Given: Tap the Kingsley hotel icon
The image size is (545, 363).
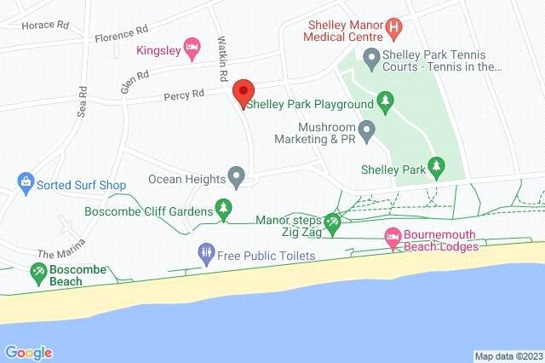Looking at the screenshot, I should pos(193,49).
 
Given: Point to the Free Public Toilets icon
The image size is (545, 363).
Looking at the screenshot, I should pos(205,253).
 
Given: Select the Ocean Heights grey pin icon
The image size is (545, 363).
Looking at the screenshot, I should pos(238,179).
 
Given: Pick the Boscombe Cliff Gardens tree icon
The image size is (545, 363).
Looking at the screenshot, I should pos(224,210).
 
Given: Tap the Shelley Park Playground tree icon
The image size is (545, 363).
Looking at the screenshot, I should pos(385,104).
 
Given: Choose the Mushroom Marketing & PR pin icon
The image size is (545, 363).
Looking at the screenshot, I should pos(367,131).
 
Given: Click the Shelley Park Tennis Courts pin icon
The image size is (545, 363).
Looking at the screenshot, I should pos(370,58).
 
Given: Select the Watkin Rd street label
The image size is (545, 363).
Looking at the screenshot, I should pos(222,59).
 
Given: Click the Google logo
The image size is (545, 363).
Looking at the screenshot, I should pos(28,352).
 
